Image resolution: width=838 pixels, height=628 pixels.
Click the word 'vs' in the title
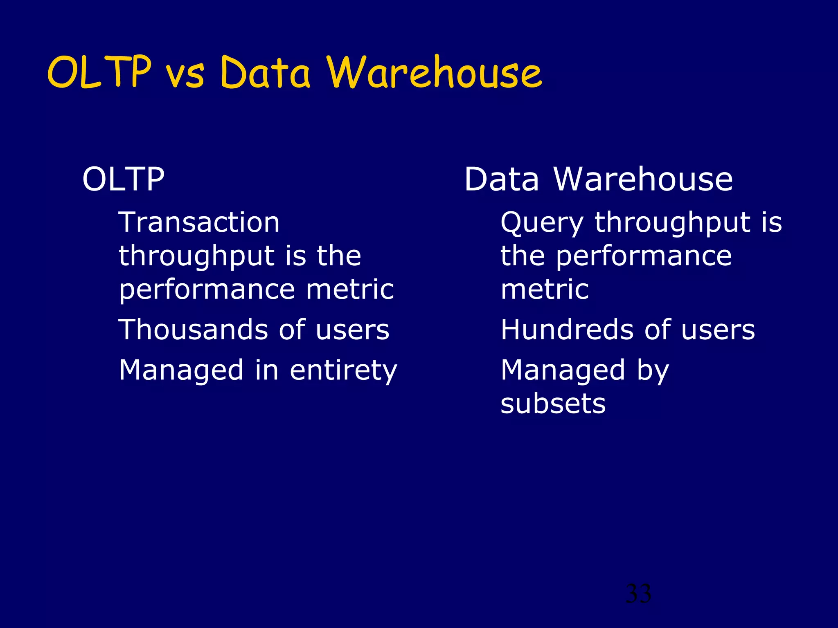pyautogui.click(x=185, y=74)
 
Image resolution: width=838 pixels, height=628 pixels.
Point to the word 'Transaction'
pyautogui.click(x=199, y=222)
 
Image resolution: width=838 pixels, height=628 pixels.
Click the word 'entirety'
pyautogui.click(x=343, y=370)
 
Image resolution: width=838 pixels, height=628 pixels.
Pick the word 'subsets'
pyautogui.click(x=553, y=404)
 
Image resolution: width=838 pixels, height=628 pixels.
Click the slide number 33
pyautogui.click(x=638, y=593)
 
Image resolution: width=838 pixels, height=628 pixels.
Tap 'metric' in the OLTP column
pyautogui.click(x=350, y=289)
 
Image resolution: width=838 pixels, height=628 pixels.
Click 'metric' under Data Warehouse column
pyautogui.click(x=545, y=289)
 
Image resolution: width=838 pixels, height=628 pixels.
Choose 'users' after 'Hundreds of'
pyautogui.click(x=718, y=330)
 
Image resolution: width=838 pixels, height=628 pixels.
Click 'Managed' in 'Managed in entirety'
pyautogui.click(x=181, y=370)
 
